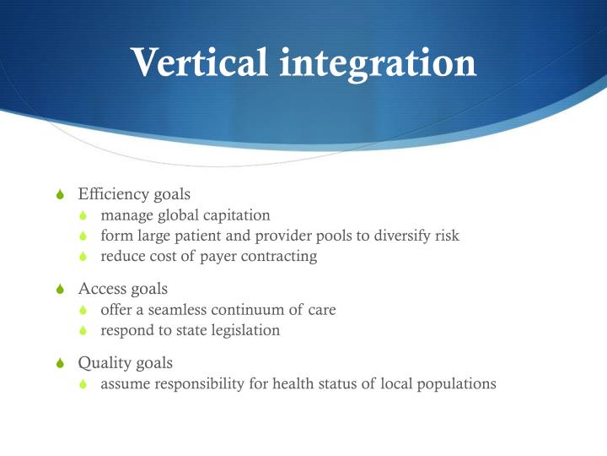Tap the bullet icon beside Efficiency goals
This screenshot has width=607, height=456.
pyautogui.click(x=58, y=195)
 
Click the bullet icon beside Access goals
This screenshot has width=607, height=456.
pyautogui.click(x=58, y=290)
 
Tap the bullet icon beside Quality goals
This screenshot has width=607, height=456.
pyautogui.click(x=58, y=364)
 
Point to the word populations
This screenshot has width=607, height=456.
pyautogui.click(x=455, y=384)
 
